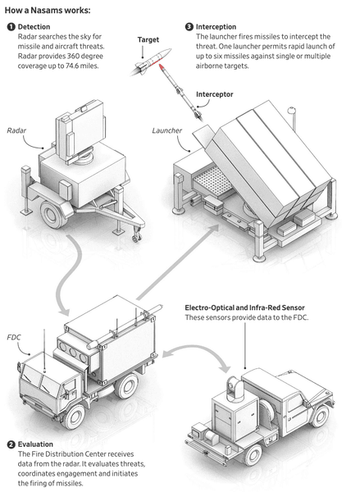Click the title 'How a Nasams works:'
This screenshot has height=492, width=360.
pos(48,11)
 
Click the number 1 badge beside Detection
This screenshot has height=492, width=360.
pos(11,27)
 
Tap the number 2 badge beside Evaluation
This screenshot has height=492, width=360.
pos(11,444)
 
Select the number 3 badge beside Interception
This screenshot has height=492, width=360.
pos(189,27)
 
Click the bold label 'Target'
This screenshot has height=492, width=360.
pos(148,40)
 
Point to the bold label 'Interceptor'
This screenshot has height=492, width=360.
pos(215,94)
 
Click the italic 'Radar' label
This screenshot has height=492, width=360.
pos(16,130)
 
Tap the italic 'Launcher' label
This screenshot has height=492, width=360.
pos(167,130)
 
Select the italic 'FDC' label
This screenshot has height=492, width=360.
pos(14,337)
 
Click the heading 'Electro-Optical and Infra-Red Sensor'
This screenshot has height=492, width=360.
pos(245,307)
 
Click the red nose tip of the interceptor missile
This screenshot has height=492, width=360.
pos(161,66)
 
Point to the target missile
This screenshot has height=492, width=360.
pos(151,61)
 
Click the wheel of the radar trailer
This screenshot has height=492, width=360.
pos(53,214)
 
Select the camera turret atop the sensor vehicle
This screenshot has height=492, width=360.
pos(235,388)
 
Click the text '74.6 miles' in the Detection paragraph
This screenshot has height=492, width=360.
pos(82,66)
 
